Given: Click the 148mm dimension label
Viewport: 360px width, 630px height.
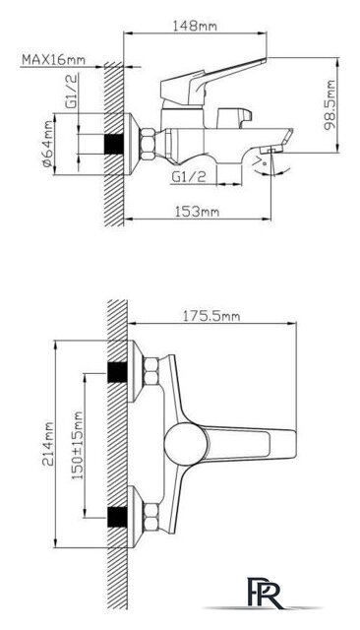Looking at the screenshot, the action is pyautogui.click(x=195, y=27).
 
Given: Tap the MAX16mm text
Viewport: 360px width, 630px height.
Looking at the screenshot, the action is pyautogui.click(x=53, y=59).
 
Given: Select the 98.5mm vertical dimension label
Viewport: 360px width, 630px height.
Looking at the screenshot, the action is pyautogui.click(x=330, y=105).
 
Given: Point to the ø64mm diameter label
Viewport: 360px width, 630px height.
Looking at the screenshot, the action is pyautogui.click(x=48, y=144).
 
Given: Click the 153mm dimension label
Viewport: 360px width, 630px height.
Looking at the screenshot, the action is pyautogui.click(x=197, y=212).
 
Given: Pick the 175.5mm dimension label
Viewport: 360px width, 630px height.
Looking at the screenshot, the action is pyautogui.click(x=211, y=316).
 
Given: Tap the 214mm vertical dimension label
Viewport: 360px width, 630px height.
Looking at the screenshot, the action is pyautogui.click(x=48, y=444).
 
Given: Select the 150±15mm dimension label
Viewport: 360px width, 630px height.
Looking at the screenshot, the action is pyautogui.click(x=78, y=445).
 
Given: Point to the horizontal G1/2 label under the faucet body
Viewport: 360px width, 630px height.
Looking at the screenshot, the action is pyautogui.click(x=189, y=176).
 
